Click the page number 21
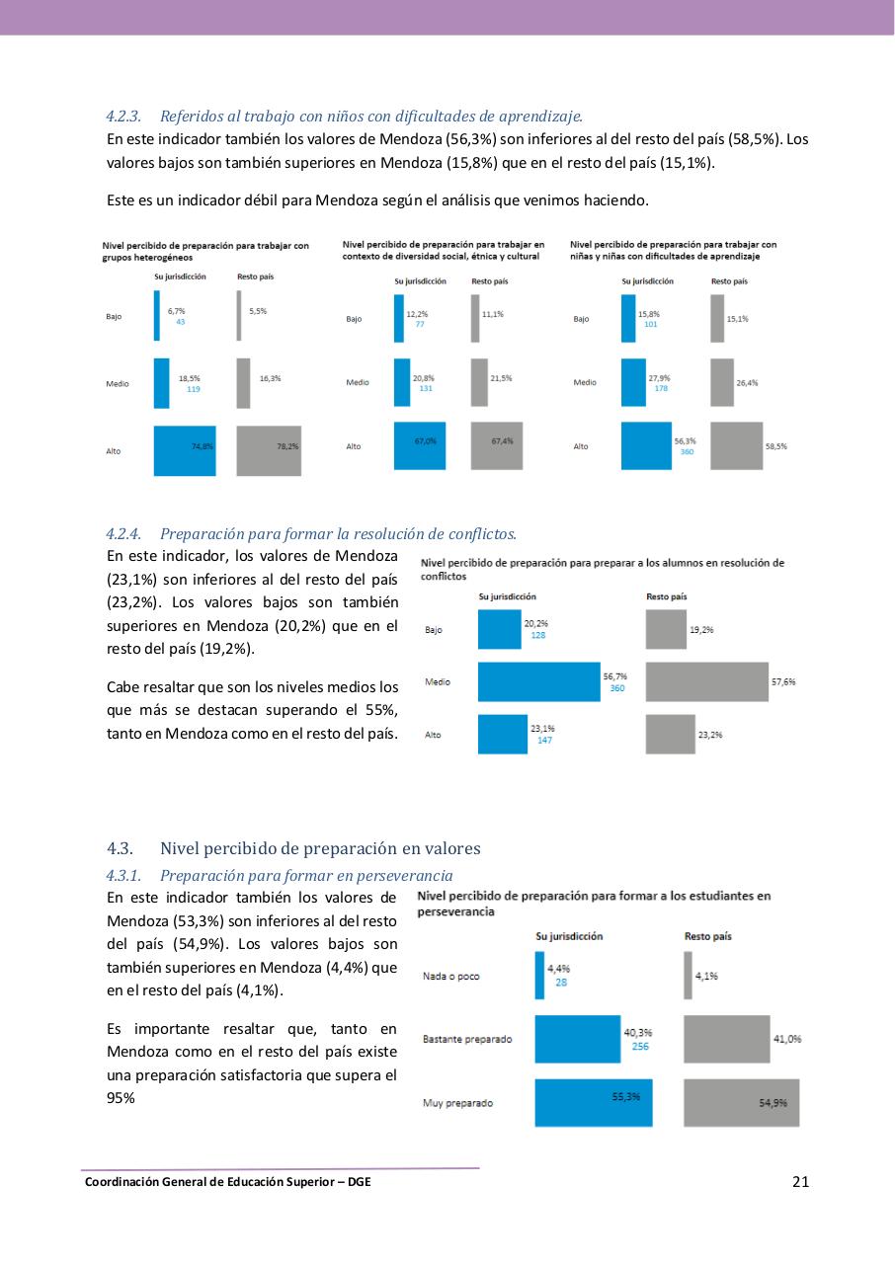800,1181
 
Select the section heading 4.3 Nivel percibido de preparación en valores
293,848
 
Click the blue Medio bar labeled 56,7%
538,681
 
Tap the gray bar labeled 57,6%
706,681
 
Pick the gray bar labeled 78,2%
269,450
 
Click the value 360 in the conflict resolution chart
617,688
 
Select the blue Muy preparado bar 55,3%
593,1102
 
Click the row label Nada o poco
450,976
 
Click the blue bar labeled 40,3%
577,1039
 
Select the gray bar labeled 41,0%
726,1039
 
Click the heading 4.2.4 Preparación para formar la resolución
311,534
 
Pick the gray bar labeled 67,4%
497,445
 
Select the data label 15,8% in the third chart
648,314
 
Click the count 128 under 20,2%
538,635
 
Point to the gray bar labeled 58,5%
736,445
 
